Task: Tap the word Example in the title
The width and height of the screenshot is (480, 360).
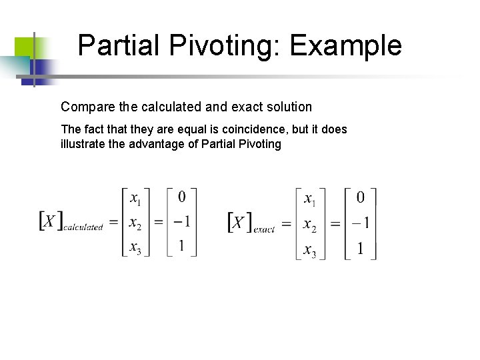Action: coord(346,47)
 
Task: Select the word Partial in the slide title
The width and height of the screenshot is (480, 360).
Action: coord(119,47)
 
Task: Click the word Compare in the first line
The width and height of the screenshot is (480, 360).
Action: coord(83,107)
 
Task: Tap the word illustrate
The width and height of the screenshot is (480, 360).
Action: coord(82,143)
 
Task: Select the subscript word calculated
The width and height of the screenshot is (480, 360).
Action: coord(83,227)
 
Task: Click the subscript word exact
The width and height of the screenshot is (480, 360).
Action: coord(264,228)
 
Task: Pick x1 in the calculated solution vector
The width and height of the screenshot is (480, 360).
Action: coord(135,199)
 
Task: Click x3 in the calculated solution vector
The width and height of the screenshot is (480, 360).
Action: coord(135,249)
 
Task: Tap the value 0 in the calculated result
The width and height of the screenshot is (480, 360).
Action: coord(181,197)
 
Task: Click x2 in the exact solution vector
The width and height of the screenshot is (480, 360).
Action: coord(310,225)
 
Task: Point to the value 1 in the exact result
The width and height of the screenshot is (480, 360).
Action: coord(361,249)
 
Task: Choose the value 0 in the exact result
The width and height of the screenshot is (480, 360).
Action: coord(361,198)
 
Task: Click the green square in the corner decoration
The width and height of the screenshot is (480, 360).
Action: coord(24,45)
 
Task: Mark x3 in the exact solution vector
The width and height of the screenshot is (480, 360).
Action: coord(310,251)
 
